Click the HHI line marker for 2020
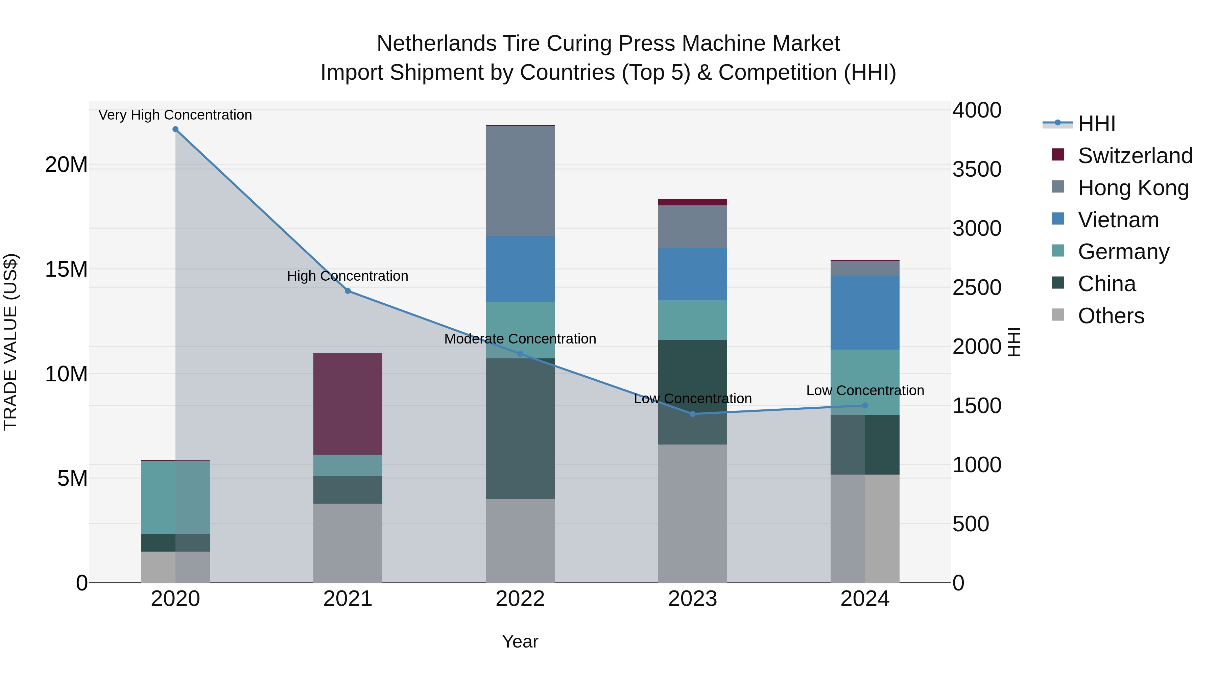[x=175, y=129]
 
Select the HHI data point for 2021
[x=348, y=291]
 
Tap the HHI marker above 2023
[x=693, y=413]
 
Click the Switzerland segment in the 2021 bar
[x=348, y=404]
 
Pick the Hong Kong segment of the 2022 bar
[x=520, y=181]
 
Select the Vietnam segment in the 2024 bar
[x=865, y=312]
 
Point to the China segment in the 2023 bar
[x=693, y=392]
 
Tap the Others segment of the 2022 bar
[x=520, y=540]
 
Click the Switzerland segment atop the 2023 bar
[x=693, y=202]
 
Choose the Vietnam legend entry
[x=1118, y=220]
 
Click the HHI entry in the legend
[x=1096, y=124]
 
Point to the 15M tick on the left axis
[x=66, y=270]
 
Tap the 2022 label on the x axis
[x=520, y=599]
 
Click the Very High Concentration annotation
[x=175, y=115]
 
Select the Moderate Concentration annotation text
[x=520, y=338]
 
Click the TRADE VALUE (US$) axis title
[x=10, y=342]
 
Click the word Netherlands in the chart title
[x=436, y=44]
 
